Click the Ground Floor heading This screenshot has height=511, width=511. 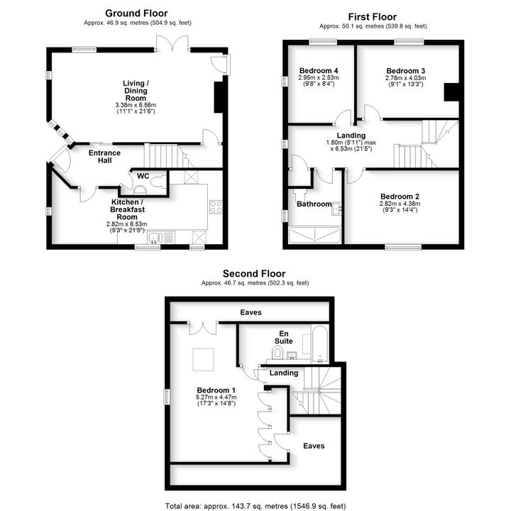[136, 13]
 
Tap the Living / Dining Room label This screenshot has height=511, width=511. [136, 91]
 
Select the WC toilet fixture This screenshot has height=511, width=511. [159, 182]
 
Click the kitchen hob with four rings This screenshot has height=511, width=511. [216, 207]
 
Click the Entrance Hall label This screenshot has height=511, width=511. [104, 156]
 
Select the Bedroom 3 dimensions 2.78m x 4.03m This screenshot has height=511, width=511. [405, 78]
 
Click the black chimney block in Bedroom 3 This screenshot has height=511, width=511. [451, 92]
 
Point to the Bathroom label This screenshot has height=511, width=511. [314, 204]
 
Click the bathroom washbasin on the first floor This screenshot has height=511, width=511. [336, 209]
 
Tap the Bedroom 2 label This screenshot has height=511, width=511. [400, 197]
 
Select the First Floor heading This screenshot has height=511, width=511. [372, 17]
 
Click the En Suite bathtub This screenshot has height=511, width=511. [319, 344]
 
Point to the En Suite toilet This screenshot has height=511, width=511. [277, 351]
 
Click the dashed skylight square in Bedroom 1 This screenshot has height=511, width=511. [203, 359]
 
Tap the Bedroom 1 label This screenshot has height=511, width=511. [216, 390]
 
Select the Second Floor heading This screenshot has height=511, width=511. [254, 274]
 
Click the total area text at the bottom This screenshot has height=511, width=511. [255, 506]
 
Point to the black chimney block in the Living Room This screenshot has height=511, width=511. [218, 97]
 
